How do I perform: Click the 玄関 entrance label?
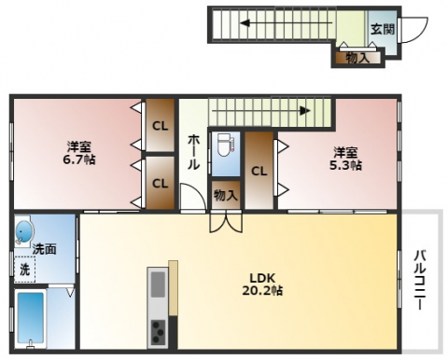[x=383, y=30]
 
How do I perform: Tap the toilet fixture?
[x=224, y=145]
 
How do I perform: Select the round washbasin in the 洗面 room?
[x=24, y=232]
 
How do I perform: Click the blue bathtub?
[x=31, y=319]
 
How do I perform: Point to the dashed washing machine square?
[x=25, y=270]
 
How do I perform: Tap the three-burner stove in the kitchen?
[x=158, y=332]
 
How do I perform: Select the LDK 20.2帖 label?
[x=262, y=284]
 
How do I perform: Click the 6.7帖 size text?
[x=79, y=159]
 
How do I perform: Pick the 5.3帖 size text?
[x=345, y=165]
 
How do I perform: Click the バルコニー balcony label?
[x=420, y=279]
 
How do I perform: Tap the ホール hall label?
[x=193, y=152]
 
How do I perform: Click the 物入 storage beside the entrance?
[x=358, y=58]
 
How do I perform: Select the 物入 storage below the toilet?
[x=226, y=195]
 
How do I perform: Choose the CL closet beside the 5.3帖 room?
[x=259, y=171]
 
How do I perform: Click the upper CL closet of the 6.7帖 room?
[x=160, y=126]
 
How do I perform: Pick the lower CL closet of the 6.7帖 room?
[x=160, y=183]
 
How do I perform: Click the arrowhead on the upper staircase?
[x=245, y=23]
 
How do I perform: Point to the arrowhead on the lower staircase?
[x=305, y=111]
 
